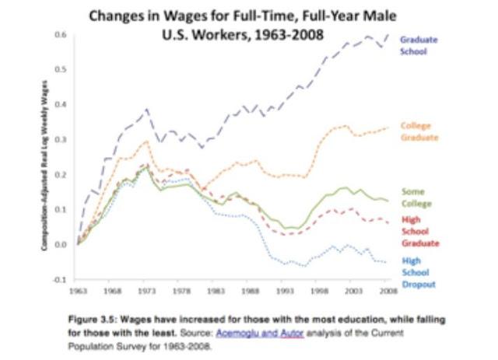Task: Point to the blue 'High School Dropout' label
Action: [416, 272]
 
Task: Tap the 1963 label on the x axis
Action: [78, 290]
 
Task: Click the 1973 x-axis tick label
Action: [146, 290]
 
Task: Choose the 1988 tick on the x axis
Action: [250, 290]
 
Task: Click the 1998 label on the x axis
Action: [318, 290]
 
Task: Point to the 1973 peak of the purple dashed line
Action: [146, 109]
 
